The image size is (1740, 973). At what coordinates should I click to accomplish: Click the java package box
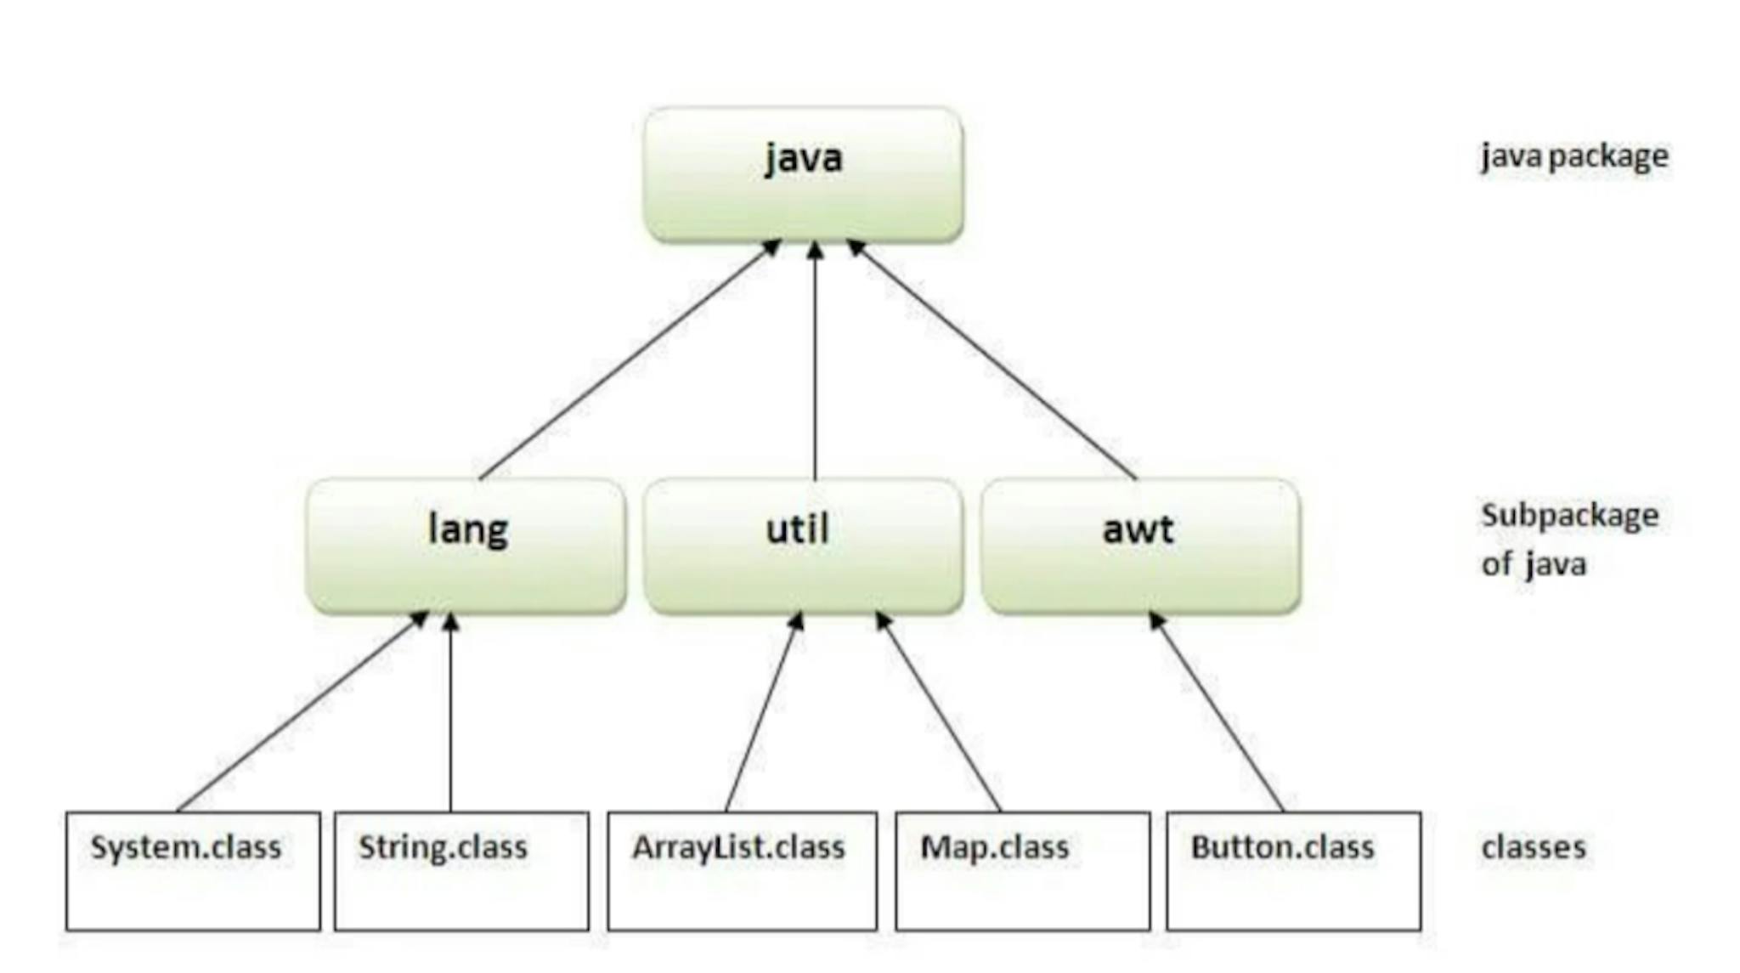click(803, 174)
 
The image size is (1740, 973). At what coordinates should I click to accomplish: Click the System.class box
click(193, 871)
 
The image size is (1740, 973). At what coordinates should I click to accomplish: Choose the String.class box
click(461, 871)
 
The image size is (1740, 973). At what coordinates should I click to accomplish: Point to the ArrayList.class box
click(742, 871)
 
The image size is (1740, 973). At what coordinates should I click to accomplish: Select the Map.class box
click(1022, 871)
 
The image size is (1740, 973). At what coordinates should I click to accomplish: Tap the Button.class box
click(1293, 871)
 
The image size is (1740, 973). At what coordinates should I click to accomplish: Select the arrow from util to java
click(815, 361)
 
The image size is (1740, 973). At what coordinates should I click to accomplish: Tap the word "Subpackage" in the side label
click(1569, 516)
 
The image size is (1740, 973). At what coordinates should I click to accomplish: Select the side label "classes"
click(1534, 847)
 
